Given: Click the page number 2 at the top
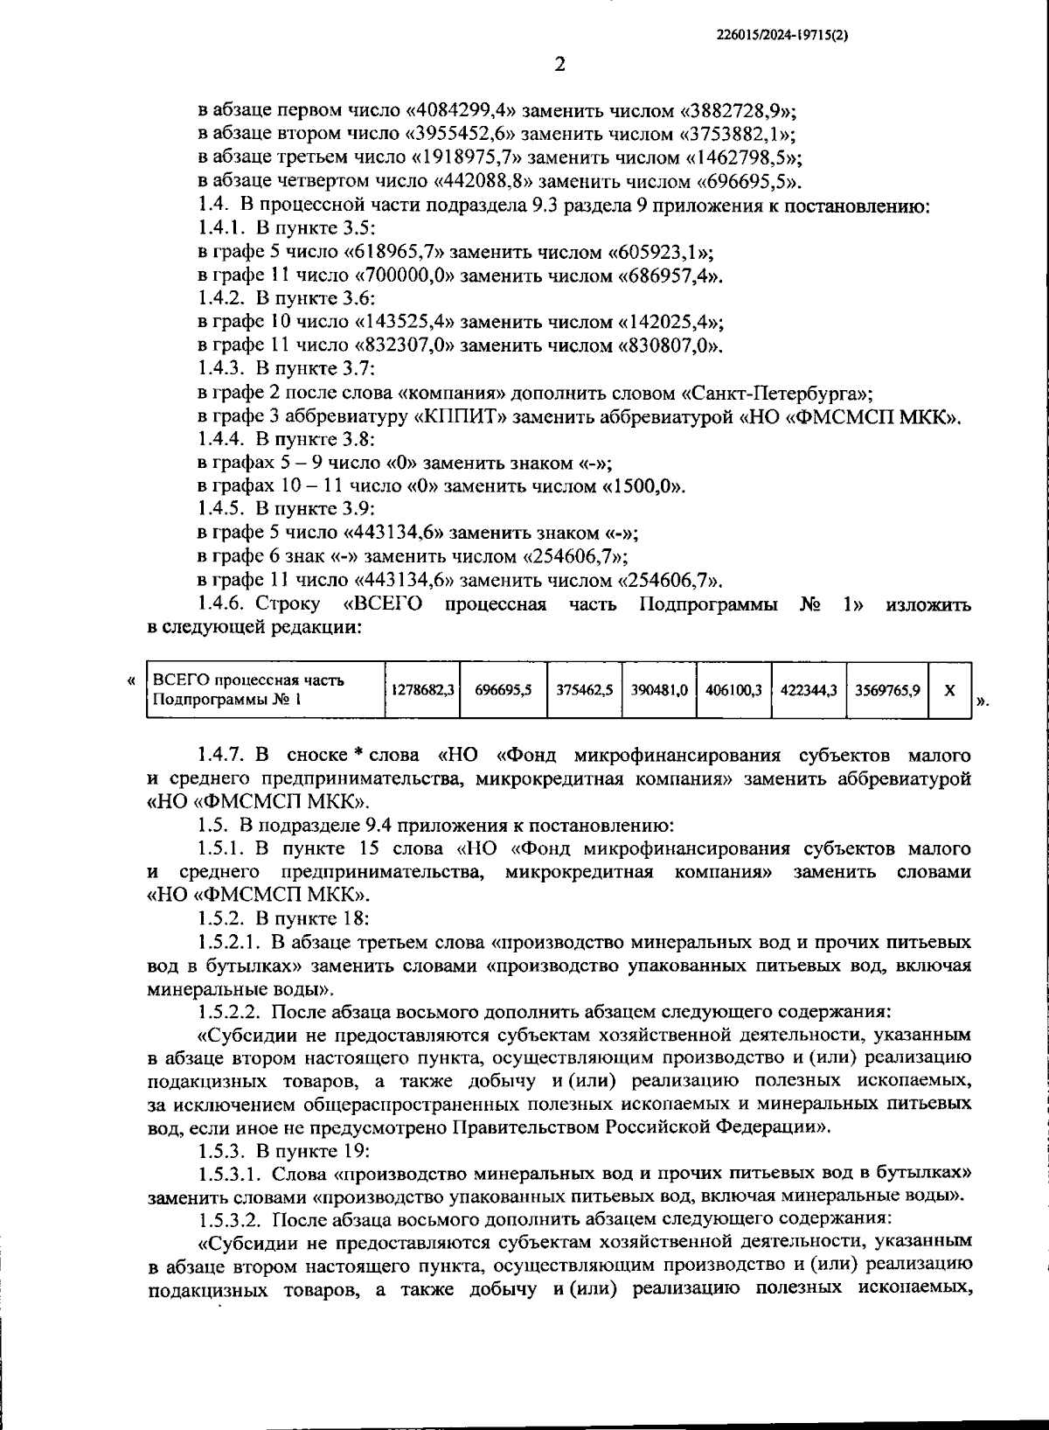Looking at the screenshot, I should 559,66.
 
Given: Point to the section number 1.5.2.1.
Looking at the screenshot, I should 229,942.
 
